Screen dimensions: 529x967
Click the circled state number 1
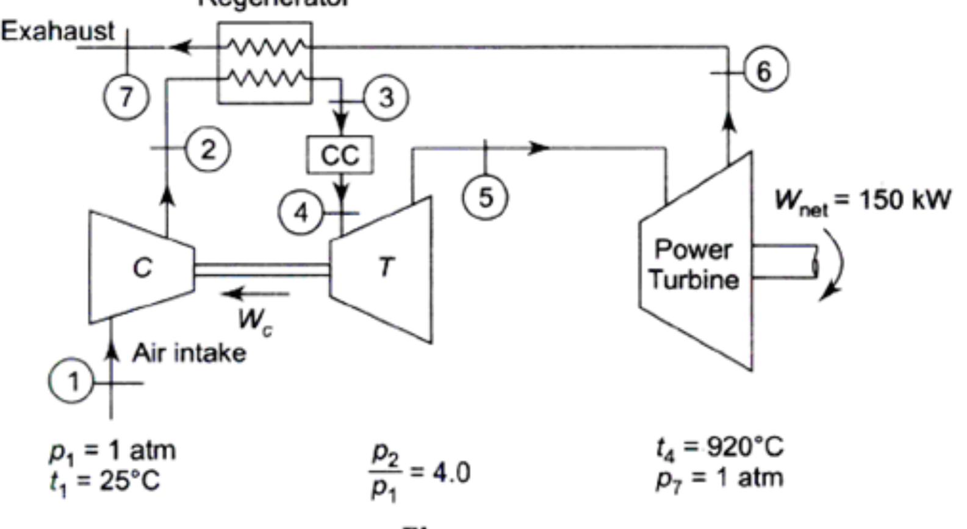(72, 382)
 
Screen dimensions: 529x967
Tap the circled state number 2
(207, 149)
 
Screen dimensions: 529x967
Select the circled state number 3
(386, 98)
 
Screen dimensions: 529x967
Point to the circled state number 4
(301, 213)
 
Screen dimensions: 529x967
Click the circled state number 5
(485, 197)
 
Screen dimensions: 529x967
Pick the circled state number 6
(764, 71)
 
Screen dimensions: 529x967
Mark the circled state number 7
(126, 96)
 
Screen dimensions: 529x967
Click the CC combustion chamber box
(340, 155)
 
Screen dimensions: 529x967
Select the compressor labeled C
(142, 267)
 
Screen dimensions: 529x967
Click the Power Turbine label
(694, 264)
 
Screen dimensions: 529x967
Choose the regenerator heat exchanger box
(265, 63)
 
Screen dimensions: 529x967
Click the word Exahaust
(57, 30)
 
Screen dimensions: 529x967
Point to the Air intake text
(189, 353)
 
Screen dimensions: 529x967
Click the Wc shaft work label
(255, 320)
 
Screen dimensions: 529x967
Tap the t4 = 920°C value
(719, 447)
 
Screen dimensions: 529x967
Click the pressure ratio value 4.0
(451, 472)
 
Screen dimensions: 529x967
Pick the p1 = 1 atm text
(112, 450)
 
